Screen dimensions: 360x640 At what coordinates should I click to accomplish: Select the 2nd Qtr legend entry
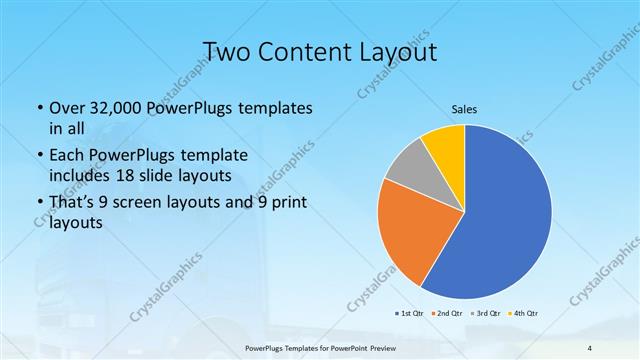[447, 313]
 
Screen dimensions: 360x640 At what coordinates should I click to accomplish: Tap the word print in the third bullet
[284, 204]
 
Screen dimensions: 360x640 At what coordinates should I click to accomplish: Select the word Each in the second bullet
[68, 156]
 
